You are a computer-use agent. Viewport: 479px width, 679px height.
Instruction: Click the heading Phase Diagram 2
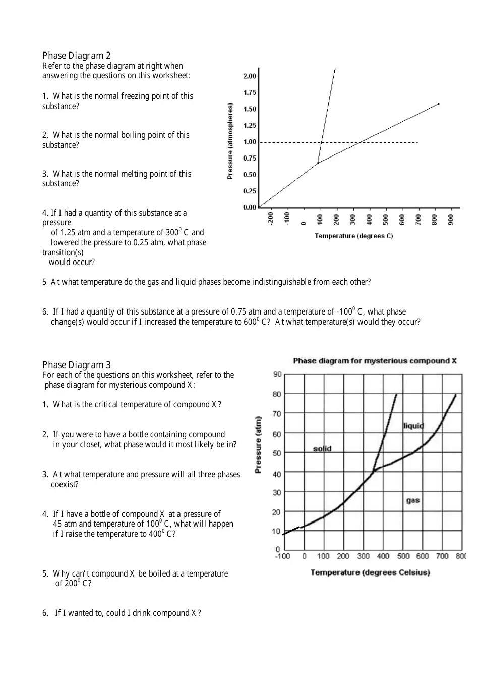point(76,56)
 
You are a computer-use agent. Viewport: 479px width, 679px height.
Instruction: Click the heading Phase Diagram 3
point(76,365)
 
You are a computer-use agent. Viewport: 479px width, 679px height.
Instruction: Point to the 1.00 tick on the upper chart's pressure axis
point(250,142)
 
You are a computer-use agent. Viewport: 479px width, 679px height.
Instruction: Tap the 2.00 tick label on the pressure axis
point(250,76)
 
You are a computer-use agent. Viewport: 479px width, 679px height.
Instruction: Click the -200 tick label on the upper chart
point(271,218)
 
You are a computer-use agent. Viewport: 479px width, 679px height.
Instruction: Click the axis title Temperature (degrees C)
point(353,236)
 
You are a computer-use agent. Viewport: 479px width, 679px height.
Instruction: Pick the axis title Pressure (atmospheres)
point(230,141)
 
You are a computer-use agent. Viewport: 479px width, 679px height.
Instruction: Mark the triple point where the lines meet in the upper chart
point(318,163)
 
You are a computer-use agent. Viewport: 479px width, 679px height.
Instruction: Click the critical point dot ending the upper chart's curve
point(438,104)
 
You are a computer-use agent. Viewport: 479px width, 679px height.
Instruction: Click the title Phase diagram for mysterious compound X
point(375,361)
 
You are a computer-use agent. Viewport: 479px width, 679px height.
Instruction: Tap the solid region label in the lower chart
point(322,449)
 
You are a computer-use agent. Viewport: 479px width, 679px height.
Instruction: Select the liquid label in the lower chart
point(413,426)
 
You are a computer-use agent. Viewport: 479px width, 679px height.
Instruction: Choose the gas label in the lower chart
point(413,500)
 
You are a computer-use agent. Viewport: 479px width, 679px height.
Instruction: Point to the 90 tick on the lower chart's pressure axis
point(277,374)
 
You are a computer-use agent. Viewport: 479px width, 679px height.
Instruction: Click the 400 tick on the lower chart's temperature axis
point(383,556)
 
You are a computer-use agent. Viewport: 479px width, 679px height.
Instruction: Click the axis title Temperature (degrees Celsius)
point(370,572)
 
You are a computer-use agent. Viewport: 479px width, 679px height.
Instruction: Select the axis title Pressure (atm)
point(258,445)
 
